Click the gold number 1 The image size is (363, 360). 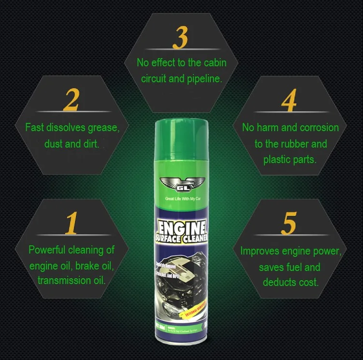point(72,222)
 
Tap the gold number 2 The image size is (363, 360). point(72,99)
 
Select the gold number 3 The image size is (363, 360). point(180,38)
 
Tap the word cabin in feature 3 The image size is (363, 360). point(213,63)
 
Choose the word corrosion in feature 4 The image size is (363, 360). point(319,128)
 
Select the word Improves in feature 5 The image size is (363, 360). point(261,251)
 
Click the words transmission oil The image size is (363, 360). point(71,280)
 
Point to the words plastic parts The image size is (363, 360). point(290,159)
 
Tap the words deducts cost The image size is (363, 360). point(291,282)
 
